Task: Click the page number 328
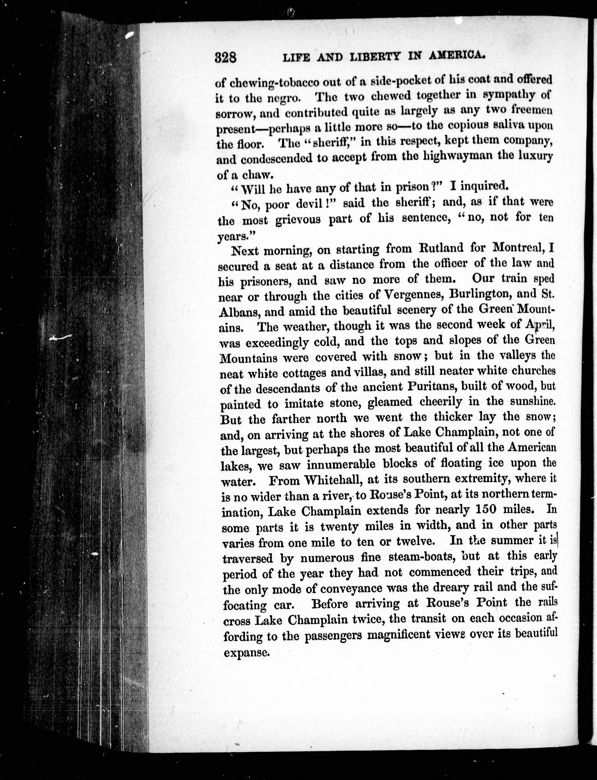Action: tap(226, 57)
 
